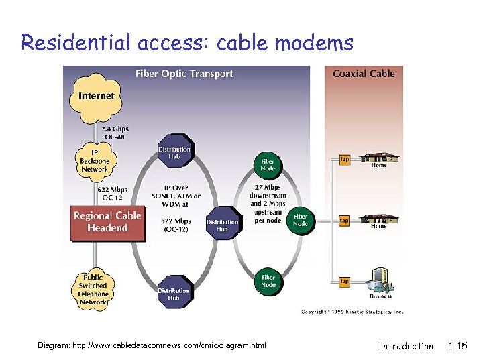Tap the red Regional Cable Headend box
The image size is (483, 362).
[107, 222]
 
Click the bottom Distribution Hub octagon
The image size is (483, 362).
[174, 294]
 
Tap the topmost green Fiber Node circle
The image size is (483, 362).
[267, 165]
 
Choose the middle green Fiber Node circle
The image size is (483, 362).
[300, 220]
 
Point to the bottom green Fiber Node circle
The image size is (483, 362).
[268, 280]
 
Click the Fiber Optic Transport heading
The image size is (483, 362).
[184, 74]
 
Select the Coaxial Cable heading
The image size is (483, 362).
[364, 74]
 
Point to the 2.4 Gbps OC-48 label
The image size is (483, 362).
[115, 133]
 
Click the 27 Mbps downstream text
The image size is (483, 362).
[268, 192]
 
